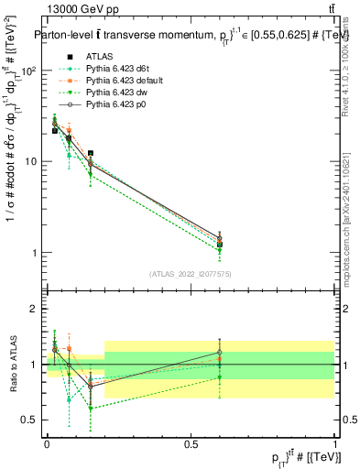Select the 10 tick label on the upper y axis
click(34, 161)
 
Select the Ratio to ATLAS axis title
click(13, 365)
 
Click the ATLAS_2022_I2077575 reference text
click(191, 274)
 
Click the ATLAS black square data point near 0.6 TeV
click(219, 245)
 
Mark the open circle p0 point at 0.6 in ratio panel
click(219, 352)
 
